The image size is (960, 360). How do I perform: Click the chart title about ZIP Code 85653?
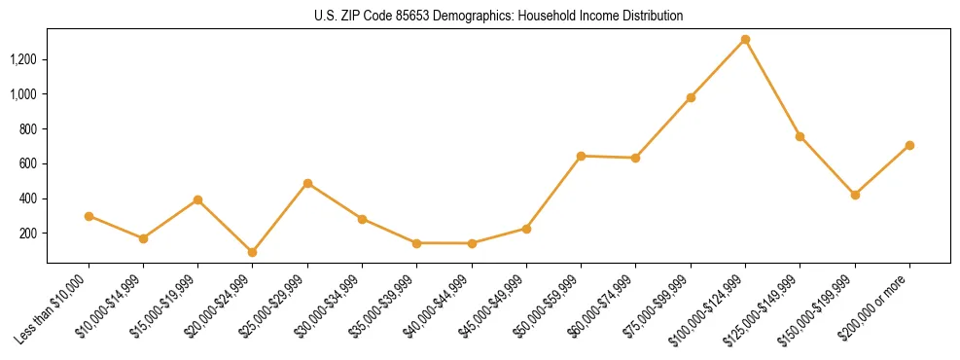pyautogui.click(x=498, y=16)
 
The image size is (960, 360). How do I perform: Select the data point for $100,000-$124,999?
pyautogui.click(x=745, y=39)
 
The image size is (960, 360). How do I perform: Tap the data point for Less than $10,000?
pyautogui.click(x=89, y=216)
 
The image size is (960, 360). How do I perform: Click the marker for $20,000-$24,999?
pyautogui.click(x=253, y=252)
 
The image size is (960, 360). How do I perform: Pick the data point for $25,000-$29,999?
pyautogui.click(x=307, y=183)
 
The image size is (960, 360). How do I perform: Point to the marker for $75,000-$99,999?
pyautogui.click(x=691, y=97)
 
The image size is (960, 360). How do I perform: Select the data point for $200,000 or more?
pyautogui.click(x=909, y=145)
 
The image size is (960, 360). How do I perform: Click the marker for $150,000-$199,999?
pyautogui.click(x=855, y=195)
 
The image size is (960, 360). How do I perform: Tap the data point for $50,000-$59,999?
pyautogui.click(x=581, y=156)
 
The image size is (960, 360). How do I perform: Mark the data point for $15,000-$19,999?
pyautogui.click(x=197, y=199)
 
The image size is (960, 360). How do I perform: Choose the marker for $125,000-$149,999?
pyautogui.click(x=800, y=136)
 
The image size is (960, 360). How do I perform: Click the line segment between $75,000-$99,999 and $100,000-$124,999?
pyautogui.click(x=718, y=68)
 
